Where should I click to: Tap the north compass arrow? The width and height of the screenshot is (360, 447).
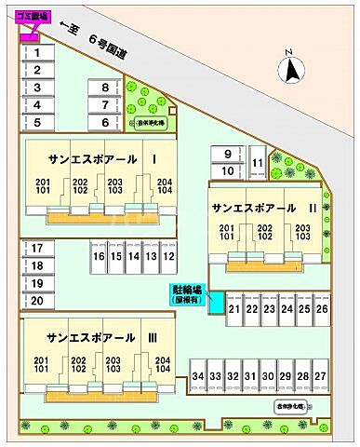point(291,67)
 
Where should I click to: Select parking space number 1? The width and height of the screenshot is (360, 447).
point(36,53)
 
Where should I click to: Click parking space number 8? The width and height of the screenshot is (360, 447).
point(105,88)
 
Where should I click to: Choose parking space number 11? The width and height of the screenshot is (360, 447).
point(256,163)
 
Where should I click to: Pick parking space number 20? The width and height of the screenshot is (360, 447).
point(36,300)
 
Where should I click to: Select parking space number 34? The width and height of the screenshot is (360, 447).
point(197,375)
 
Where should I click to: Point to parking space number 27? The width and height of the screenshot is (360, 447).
point(320,375)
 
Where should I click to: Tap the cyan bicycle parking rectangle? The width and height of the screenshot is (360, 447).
point(216,303)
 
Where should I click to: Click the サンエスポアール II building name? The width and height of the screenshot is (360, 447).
point(264,206)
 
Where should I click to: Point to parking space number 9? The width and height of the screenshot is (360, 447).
point(227,153)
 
